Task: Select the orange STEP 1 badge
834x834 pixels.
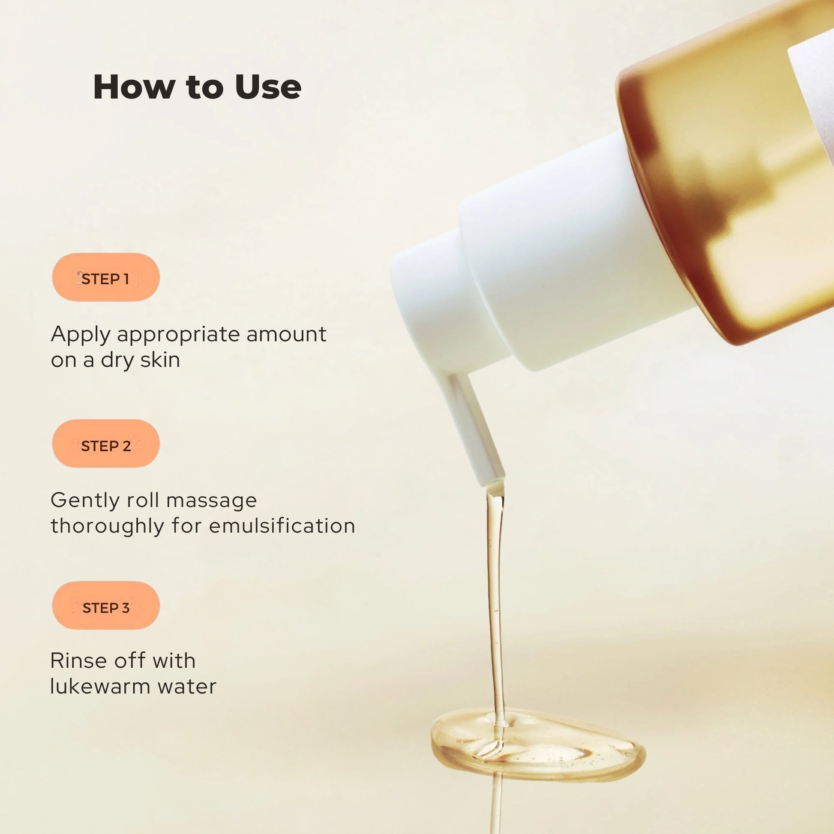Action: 106,277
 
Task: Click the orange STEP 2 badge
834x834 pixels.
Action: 106,444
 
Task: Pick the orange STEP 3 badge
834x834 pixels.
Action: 106,606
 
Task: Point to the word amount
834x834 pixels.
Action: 286,335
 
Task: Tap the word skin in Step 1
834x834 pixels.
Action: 160,360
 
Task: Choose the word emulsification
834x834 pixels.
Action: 282,526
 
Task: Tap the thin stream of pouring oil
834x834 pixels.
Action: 495,604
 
